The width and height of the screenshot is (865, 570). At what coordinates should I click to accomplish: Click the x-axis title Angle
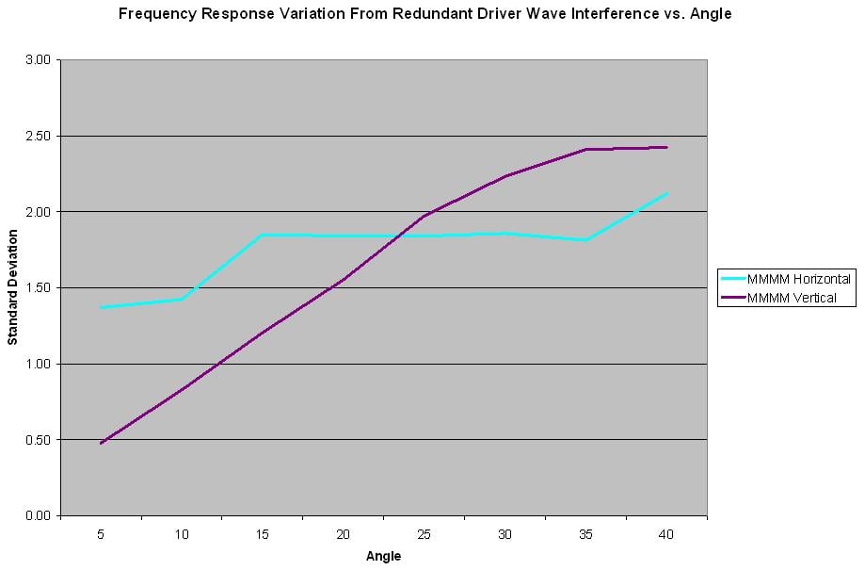tap(383, 556)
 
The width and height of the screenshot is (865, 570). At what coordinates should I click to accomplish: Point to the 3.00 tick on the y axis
tap(40, 60)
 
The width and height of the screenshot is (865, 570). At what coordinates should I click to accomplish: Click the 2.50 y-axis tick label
tap(40, 136)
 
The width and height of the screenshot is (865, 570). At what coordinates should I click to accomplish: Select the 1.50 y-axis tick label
tap(40, 288)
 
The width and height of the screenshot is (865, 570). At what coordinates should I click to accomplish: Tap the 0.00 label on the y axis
tap(40, 515)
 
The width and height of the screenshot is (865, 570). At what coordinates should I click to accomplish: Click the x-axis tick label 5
tap(101, 534)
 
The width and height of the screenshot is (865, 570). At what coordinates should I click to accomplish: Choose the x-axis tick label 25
tap(424, 534)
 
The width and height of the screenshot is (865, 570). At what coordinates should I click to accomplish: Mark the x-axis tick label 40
tap(666, 534)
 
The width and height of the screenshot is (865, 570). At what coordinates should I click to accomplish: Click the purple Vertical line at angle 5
tap(101, 443)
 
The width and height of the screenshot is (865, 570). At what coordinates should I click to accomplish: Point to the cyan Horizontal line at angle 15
tap(263, 235)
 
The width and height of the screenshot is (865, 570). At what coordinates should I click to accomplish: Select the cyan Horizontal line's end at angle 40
tap(666, 194)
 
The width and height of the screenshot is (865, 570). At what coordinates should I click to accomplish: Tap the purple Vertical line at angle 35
tap(585, 149)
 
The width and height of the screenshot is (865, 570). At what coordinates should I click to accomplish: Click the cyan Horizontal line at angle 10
tap(182, 300)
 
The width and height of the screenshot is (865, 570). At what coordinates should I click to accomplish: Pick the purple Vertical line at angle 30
tap(505, 176)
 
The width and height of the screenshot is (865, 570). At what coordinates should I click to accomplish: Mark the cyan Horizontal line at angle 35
tap(585, 240)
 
